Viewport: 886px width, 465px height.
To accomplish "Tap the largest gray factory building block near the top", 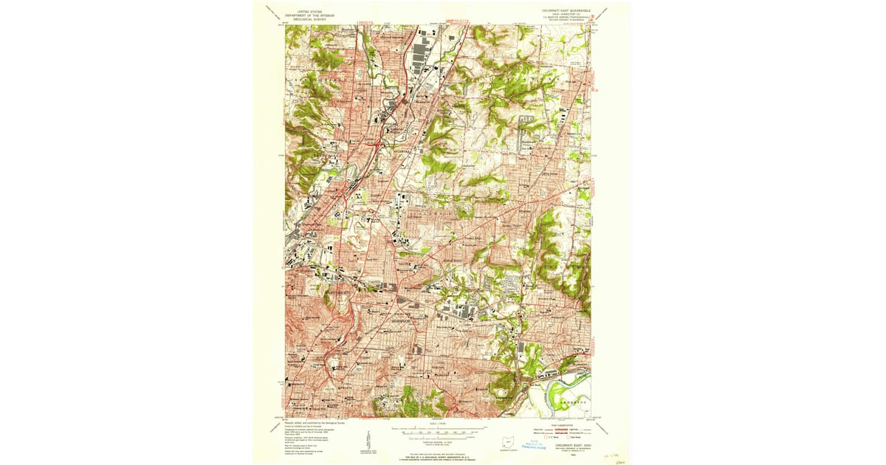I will pyautogui.click(x=423, y=55).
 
